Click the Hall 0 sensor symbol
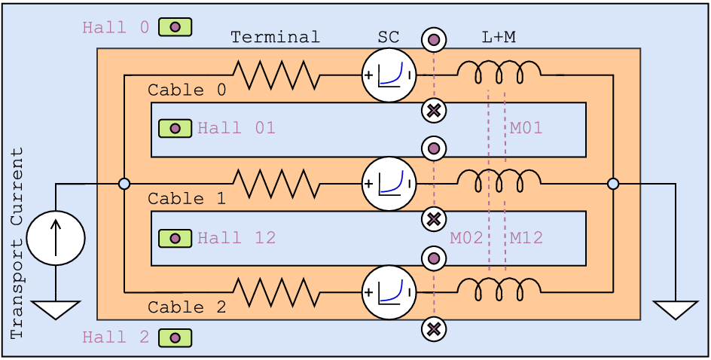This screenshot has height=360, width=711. point(175,28)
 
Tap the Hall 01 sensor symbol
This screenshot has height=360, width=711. point(175,129)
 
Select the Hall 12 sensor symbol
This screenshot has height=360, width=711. point(175,239)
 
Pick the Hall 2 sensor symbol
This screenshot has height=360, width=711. point(175,338)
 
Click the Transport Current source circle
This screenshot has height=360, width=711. point(56,238)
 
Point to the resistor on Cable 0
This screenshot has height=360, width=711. point(275,75)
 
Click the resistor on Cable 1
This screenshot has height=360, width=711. point(275,184)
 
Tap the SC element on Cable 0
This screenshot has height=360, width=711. point(389,75)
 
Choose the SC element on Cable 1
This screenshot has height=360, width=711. point(389,184)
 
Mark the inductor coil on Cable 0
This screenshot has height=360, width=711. point(499,73)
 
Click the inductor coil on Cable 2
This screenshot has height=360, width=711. point(499,289)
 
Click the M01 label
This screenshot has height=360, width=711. point(526,129)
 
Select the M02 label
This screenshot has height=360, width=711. point(466,239)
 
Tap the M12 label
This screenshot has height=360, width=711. point(526,239)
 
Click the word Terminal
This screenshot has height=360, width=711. point(275,37)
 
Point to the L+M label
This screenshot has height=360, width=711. point(498,37)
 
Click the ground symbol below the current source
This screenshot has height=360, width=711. point(56,309)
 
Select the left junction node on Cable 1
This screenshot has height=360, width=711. point(124,184)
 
